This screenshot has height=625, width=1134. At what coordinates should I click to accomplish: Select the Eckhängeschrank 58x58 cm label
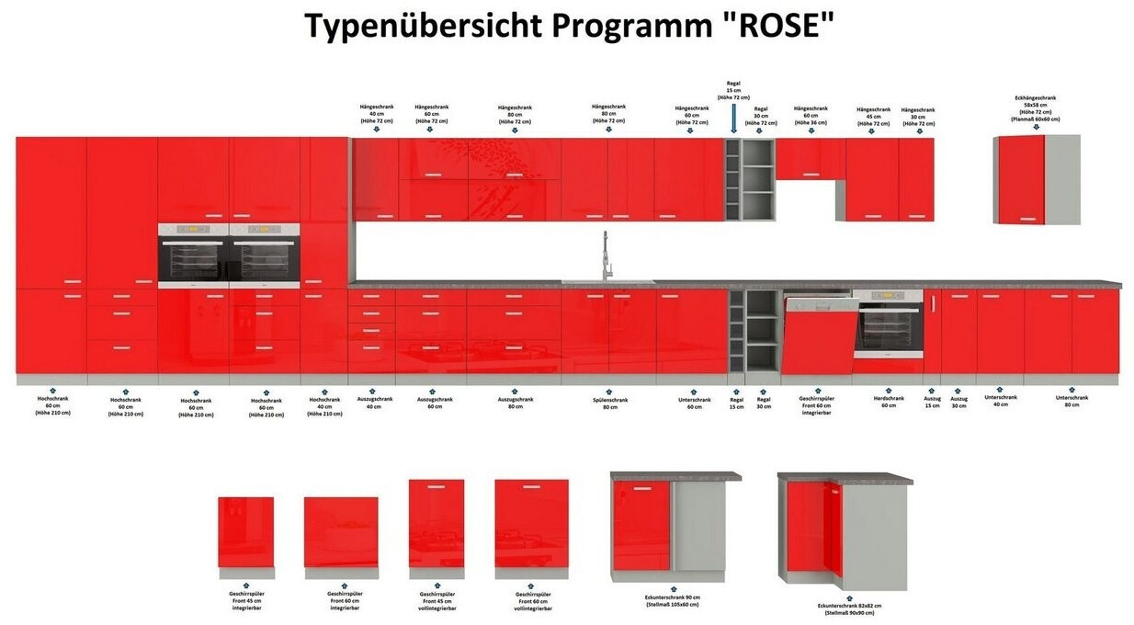pyautogui.click(x=1035, y=108)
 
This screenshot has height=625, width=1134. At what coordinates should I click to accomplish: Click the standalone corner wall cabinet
pyautogui.click(x=1038, y=180)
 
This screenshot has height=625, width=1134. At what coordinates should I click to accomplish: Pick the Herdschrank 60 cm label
pyautogui.click(x=889, y=402)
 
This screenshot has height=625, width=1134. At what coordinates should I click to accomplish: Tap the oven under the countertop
pyautogui.click(x=888, y=324)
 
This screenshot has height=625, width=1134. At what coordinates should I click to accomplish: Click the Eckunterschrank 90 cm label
pyautogui.click(x=672, y=600)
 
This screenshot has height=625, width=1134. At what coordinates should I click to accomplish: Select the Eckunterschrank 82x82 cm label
pyautogui.click(x=849, y=609)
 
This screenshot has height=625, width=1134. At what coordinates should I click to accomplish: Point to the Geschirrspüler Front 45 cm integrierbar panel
pyautogui.click(x=245, y=532)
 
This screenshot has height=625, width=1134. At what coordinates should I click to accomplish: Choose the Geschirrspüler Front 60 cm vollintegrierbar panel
pyautogui.click(x=531, y=523)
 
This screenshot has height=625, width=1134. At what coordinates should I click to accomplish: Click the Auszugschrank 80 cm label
pyautogui.click(x=515, y=403)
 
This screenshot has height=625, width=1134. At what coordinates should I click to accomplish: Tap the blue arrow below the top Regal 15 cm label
pyautogui.click(x=733, y=118)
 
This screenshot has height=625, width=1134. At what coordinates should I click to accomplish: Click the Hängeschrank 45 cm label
pyautogui.click(x=873, y=116)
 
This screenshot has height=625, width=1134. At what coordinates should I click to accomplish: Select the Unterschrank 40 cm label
pyautogui.click(x=1001, y=401)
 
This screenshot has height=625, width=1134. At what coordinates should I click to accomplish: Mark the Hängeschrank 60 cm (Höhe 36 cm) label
pyautogui.click(x=811, y=115)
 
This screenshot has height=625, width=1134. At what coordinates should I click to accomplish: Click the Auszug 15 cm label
pyautogui.click(x=932, y=402)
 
